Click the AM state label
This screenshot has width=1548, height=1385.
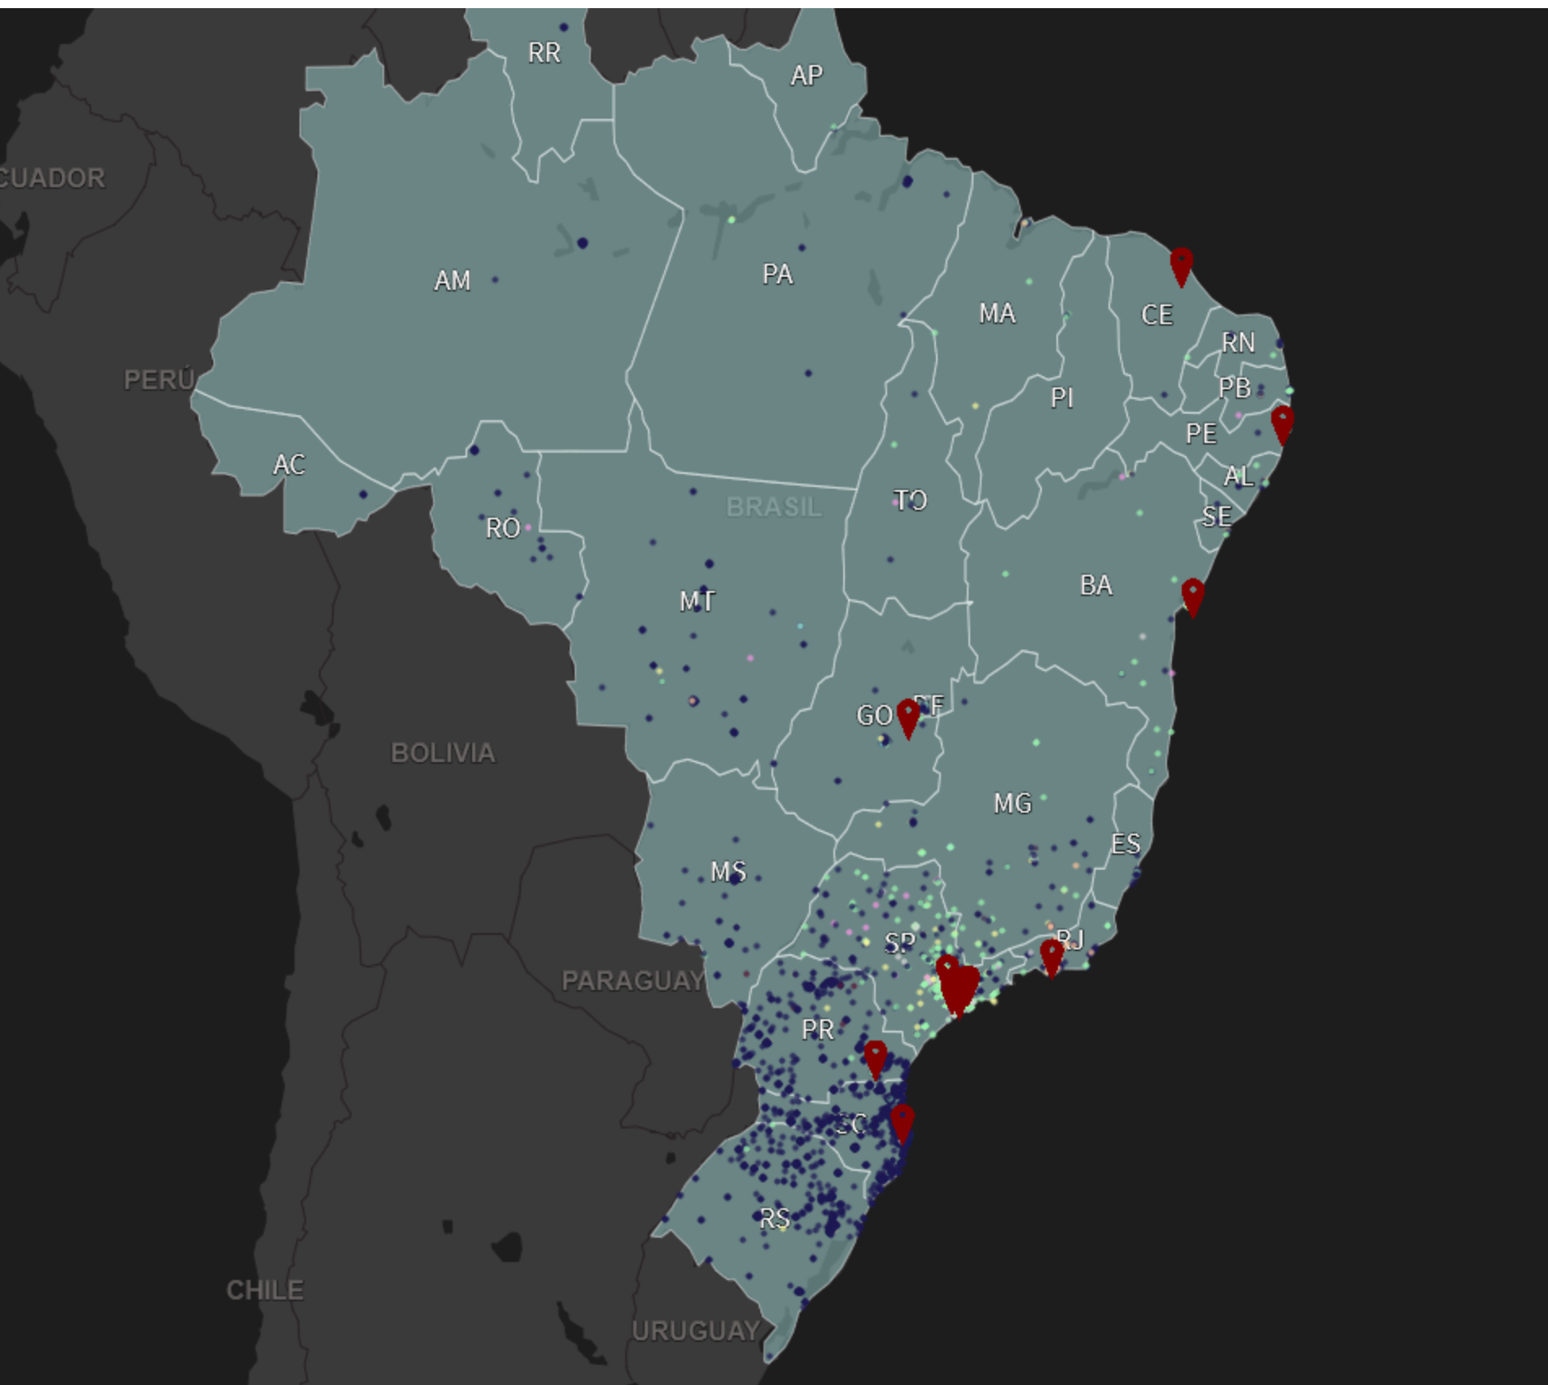click(452, 281)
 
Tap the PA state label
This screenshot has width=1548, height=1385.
click(777, 274)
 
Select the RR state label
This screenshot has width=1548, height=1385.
click(544, 53)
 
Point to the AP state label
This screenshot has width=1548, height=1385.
click(806, 76)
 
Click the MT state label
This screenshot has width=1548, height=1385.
click(697, 602)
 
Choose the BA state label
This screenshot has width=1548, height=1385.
click(1095, 585)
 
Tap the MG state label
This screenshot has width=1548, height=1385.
click(1012, 804)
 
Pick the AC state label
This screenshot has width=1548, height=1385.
click(289, 465)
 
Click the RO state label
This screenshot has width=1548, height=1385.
click(502, 528)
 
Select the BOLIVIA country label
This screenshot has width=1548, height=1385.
click(443, 753)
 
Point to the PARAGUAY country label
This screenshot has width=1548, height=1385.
click(633, 981)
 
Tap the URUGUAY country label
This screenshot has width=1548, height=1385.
click(696, 1331)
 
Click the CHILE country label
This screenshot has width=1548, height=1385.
click(265, 1291)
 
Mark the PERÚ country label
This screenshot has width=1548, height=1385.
click(159, 379)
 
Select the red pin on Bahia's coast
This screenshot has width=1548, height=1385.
click(1192, 596)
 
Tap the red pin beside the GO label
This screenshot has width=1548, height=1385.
click(907, 717)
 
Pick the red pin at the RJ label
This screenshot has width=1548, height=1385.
click(1052, 957)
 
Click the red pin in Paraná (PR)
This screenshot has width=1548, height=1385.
click(875, 1058)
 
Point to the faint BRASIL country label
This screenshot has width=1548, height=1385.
click(774, 507)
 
